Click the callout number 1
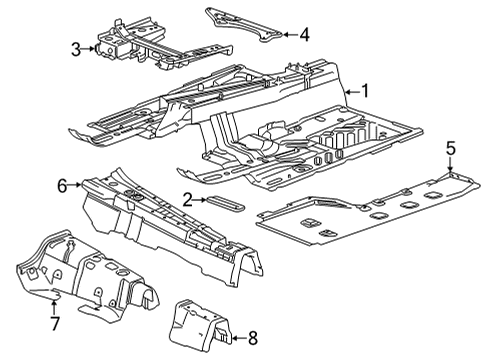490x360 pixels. [365, 91]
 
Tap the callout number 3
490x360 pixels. [76, 48]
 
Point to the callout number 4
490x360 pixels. [305, 35]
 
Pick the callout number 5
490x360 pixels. [450, 149]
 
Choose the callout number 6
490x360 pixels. [62, 184]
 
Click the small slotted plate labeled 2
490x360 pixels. [225, 203]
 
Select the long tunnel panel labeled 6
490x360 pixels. [170, 225]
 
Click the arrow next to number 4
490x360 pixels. [288, 35]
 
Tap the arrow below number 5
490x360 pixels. [450, 167]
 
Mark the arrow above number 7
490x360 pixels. [54, 303]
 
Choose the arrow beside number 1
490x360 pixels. [350, 91]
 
